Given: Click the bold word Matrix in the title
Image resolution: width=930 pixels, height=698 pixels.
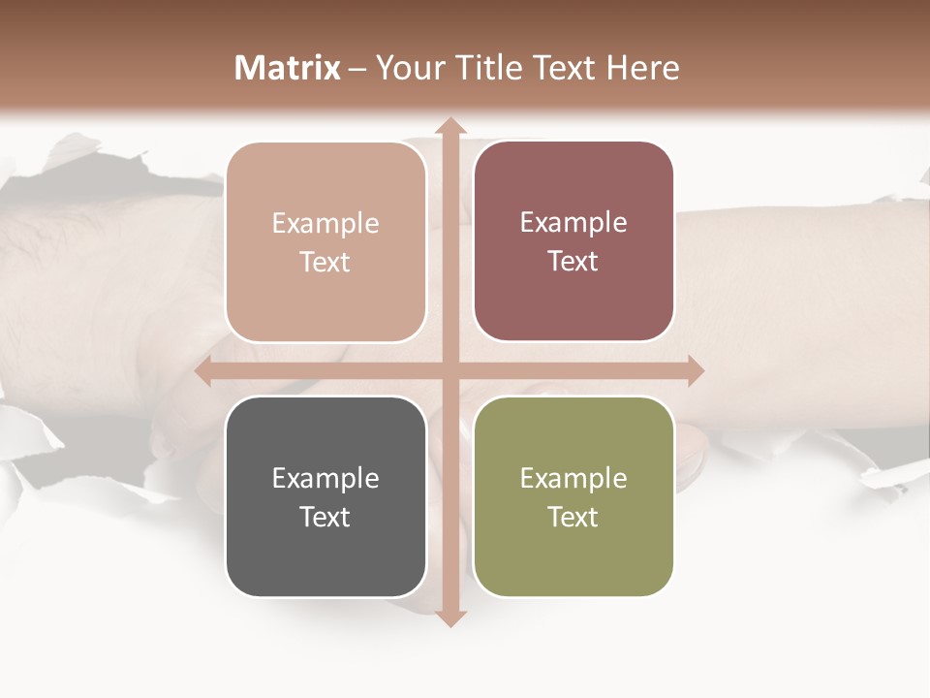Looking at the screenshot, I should [288, 68].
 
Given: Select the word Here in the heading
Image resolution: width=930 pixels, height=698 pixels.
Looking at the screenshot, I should [642, 68].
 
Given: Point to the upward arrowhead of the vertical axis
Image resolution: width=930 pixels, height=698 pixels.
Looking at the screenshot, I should [449, 126].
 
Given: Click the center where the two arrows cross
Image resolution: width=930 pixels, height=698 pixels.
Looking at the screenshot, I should [449, 371].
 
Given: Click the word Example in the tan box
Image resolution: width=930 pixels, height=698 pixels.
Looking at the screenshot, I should [325, 224].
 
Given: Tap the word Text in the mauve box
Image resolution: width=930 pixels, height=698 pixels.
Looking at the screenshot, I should [573, 262].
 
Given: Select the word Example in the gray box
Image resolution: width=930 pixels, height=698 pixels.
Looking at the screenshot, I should [325, 479].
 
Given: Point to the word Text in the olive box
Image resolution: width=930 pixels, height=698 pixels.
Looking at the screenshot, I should [573, 517].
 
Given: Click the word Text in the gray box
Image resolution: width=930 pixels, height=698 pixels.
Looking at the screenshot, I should [325, 517].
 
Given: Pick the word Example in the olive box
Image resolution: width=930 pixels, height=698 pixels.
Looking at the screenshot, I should [573, 479].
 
